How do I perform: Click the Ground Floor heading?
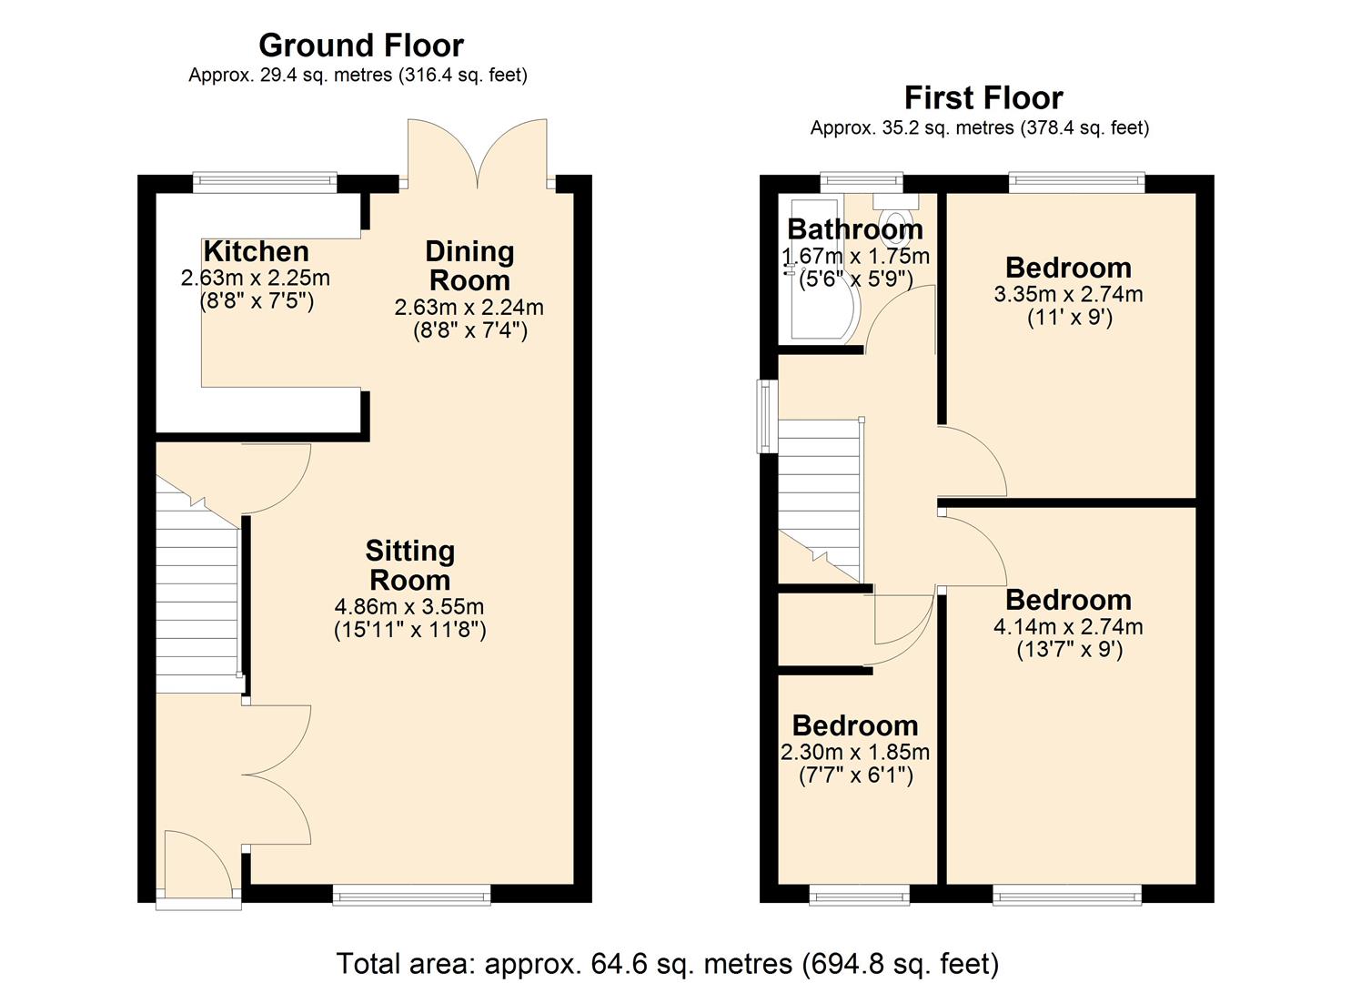360,45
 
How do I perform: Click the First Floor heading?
983,97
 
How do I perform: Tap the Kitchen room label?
256,251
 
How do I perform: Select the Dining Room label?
469,265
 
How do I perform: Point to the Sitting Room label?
409,565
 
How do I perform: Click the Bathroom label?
854,229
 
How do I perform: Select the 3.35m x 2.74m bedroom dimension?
1068,294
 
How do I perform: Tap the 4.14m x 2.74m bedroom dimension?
1068,626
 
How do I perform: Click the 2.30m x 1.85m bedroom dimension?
855,752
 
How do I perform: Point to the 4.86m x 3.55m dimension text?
409,606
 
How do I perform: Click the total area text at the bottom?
668,963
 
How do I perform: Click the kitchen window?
265,183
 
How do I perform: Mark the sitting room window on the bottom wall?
411,895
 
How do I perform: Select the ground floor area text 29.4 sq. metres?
358,76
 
